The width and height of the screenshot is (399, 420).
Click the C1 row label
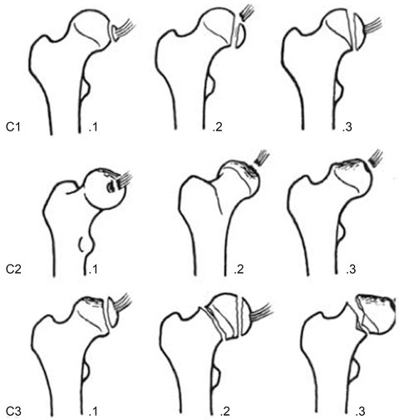[13, 127]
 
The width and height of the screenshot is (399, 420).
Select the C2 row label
[13, 269]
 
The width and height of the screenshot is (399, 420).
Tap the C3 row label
[13, 412]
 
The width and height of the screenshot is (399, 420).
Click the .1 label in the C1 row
[93, 127]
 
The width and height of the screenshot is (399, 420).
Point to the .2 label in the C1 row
[218, 127]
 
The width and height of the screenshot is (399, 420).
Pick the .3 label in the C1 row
[347, 127]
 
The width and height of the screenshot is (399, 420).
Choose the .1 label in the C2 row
[93, 269]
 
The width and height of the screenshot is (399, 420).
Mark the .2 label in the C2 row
[239, 269]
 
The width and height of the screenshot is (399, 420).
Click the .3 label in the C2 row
[351, 269]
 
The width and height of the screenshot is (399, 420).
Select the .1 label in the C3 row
[93, 412]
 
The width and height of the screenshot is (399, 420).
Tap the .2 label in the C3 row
[225, 412]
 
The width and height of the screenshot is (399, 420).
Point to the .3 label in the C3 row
[360, 412]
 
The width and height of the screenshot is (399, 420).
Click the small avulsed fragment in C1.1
[115, 33]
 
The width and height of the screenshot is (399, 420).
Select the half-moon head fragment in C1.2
[240, 36]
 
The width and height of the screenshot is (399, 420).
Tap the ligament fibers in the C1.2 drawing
[246, 12]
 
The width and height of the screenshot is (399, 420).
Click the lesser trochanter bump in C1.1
[86, 89]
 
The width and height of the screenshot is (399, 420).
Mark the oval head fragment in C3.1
[113, 312]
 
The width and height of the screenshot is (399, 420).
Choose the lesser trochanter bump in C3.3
[354, 369]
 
